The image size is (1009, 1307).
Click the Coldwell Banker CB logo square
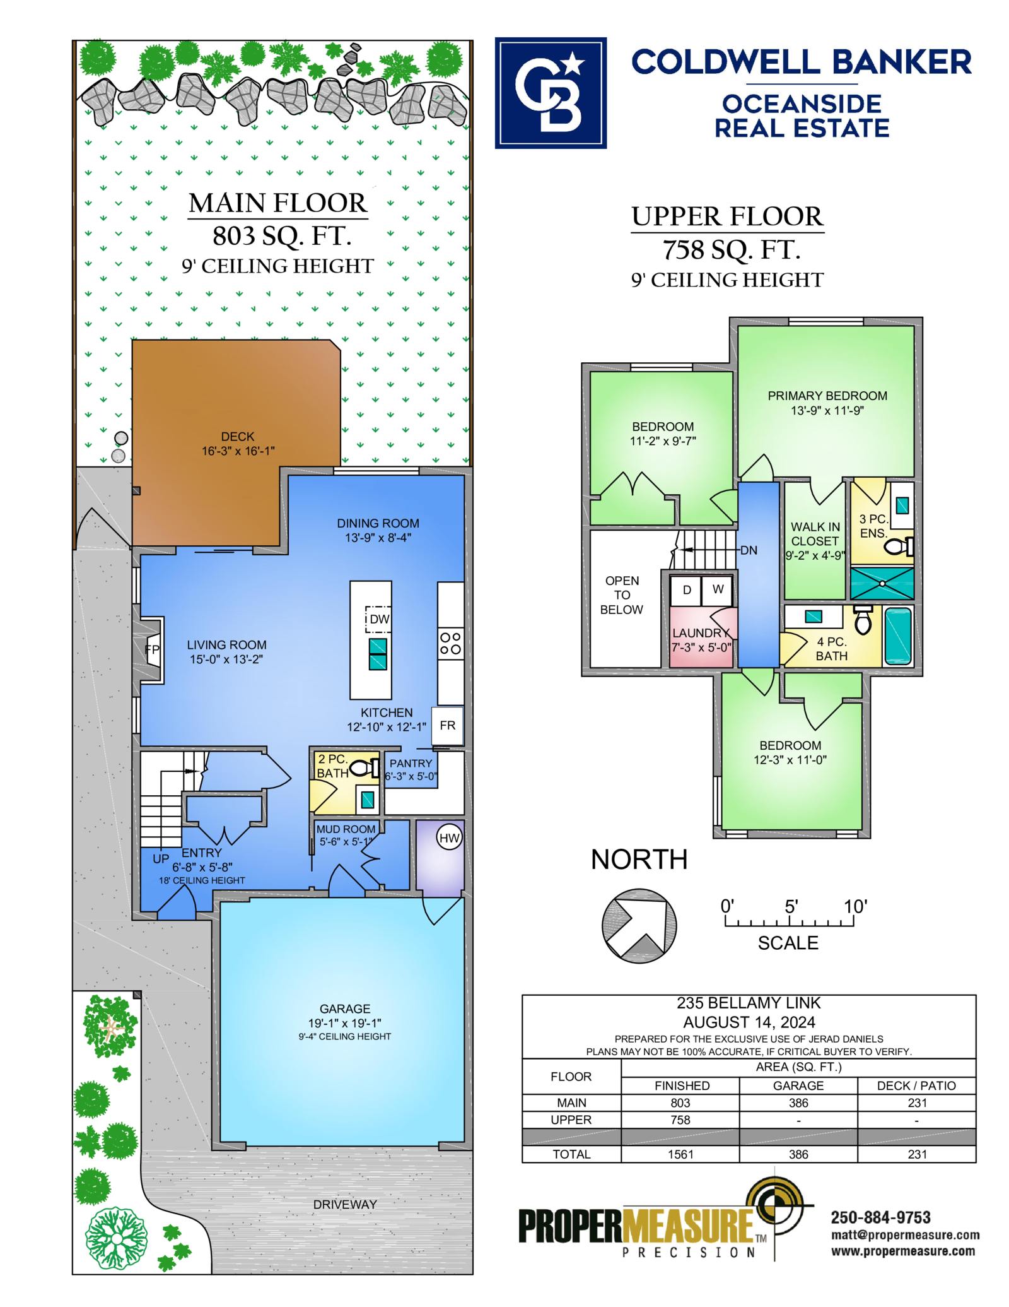(551, 93)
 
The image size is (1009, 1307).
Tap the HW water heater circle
(449, 837)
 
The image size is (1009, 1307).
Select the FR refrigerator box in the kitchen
(448, 726)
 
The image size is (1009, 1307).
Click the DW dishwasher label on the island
(379, 619)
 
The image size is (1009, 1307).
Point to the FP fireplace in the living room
(153, 649)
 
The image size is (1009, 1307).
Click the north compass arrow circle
(639, 926)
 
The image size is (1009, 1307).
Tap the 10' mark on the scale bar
(856, 907)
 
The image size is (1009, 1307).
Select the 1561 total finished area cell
(680, 1154)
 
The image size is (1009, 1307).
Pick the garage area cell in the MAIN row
(798, 1103)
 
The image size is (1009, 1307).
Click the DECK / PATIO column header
(916, 1085)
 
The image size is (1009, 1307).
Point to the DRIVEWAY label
(345, 1204)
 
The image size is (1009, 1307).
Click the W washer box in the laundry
(718, 589)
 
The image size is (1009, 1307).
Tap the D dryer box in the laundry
(687, 590)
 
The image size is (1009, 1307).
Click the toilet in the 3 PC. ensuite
(899, 546)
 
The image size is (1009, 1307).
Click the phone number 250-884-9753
(880, 1217)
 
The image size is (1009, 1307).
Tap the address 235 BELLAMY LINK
(749, 1003)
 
